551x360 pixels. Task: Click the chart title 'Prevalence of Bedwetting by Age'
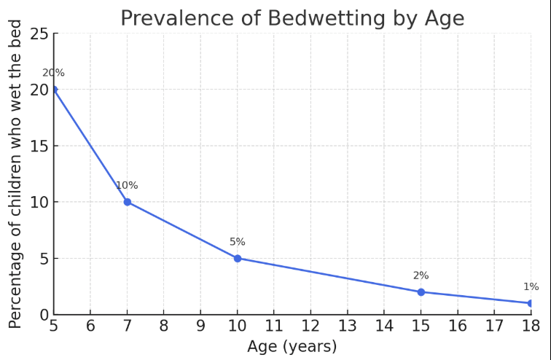[292, 17]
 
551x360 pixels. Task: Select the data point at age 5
[53, 90]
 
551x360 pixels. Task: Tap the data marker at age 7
[127, 202]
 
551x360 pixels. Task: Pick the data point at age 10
[238, 258]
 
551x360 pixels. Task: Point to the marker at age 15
[421, 292]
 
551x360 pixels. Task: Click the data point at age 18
[531, 303]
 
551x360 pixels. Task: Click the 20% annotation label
[53, 73]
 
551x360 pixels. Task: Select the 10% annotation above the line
[127, 185]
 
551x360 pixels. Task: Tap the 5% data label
[238, 242]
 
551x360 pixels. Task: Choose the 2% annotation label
[421, 275]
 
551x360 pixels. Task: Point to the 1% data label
[531, 287]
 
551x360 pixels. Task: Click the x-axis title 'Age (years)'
[292, 346]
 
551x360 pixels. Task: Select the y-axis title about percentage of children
[15, 173]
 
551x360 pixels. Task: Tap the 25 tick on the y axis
[39, 34]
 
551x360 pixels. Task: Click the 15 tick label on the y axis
[39, 146]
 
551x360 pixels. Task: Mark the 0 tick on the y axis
[44, 315]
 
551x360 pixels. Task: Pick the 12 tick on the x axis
[310, 326]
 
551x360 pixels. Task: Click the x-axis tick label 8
[163, 326]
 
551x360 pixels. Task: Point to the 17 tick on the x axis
[494, 326]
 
